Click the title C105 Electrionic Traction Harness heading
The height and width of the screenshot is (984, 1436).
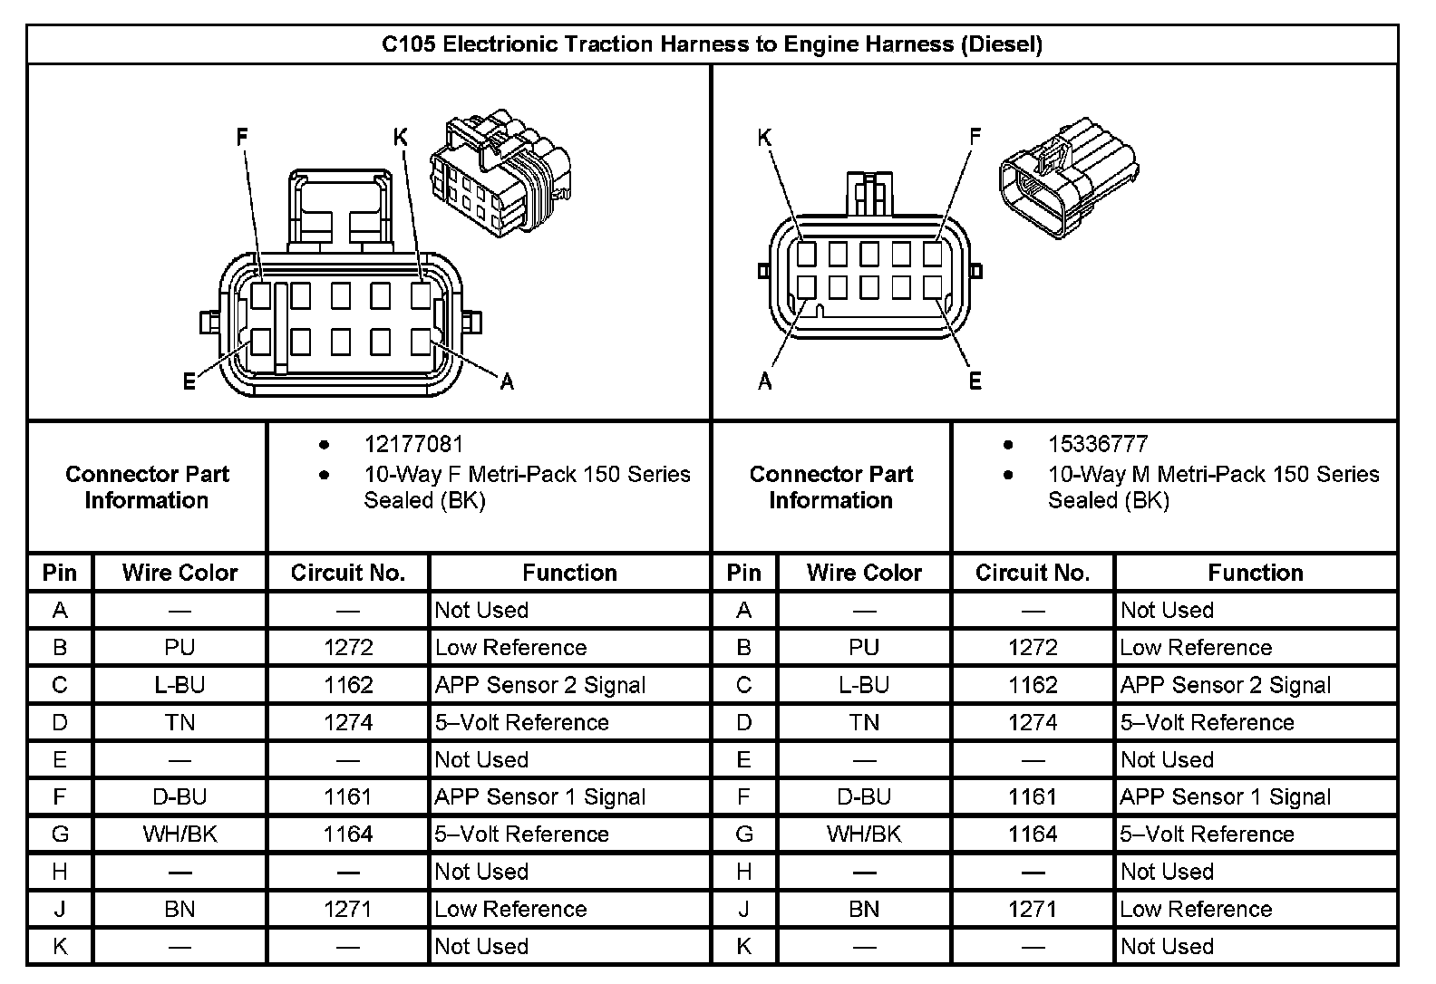click(712, 44)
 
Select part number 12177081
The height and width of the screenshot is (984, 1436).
click(413, 444)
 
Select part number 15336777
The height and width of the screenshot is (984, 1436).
click(1098, 444)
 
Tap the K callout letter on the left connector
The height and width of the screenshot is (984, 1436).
click(401, 138)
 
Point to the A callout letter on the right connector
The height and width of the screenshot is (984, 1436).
click(764, 381)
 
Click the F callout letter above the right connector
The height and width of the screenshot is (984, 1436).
click(975, 138)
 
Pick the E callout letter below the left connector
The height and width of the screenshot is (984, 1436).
click(189, 381)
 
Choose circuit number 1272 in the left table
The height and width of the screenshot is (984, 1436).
click(348, 648)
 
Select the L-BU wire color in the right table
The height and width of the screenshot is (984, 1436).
click(864, 685)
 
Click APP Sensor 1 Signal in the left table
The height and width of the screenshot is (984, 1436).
click(540, 797)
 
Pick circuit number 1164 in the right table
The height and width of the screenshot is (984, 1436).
click(1033, 834)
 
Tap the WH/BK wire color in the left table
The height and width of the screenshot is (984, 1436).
click(179, 834)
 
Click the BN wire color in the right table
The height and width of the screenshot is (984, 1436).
click(864, 909)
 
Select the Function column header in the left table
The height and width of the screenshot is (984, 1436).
click(569, 573)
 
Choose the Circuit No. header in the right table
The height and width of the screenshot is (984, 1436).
click(1033, 573)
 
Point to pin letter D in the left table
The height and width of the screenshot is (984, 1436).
click(60, 723)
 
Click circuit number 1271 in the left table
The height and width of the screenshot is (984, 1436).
click(348, 909)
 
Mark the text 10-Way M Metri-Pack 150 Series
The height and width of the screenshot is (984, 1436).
click(1213, 475)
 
